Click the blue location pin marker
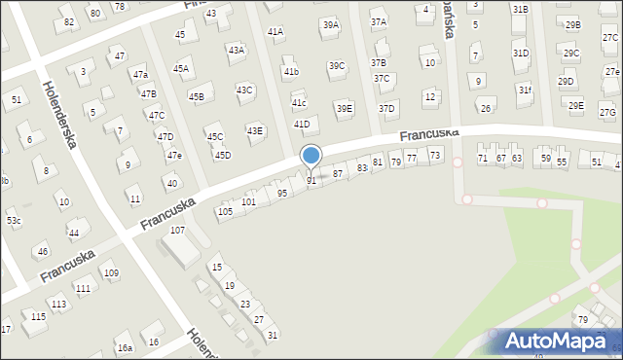coord(311,157)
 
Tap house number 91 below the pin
coord(311,181)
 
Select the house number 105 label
coord(225,211)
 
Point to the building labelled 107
coord(178,231)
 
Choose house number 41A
coord(275,31)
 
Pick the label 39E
coord(344,108)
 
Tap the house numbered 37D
coord(386,108)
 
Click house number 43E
coord(254,130)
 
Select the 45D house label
coord(223,155)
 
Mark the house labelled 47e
coord(173,155)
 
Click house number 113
coord(59,304)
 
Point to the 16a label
coord(125,347)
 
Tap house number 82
coord(68,21)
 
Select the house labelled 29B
coord(571,24)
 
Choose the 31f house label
coord(525,90)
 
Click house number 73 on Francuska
coord(435,155)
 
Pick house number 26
coord(485,108)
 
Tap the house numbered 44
coord(74,233)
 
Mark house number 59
coord(546,158)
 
